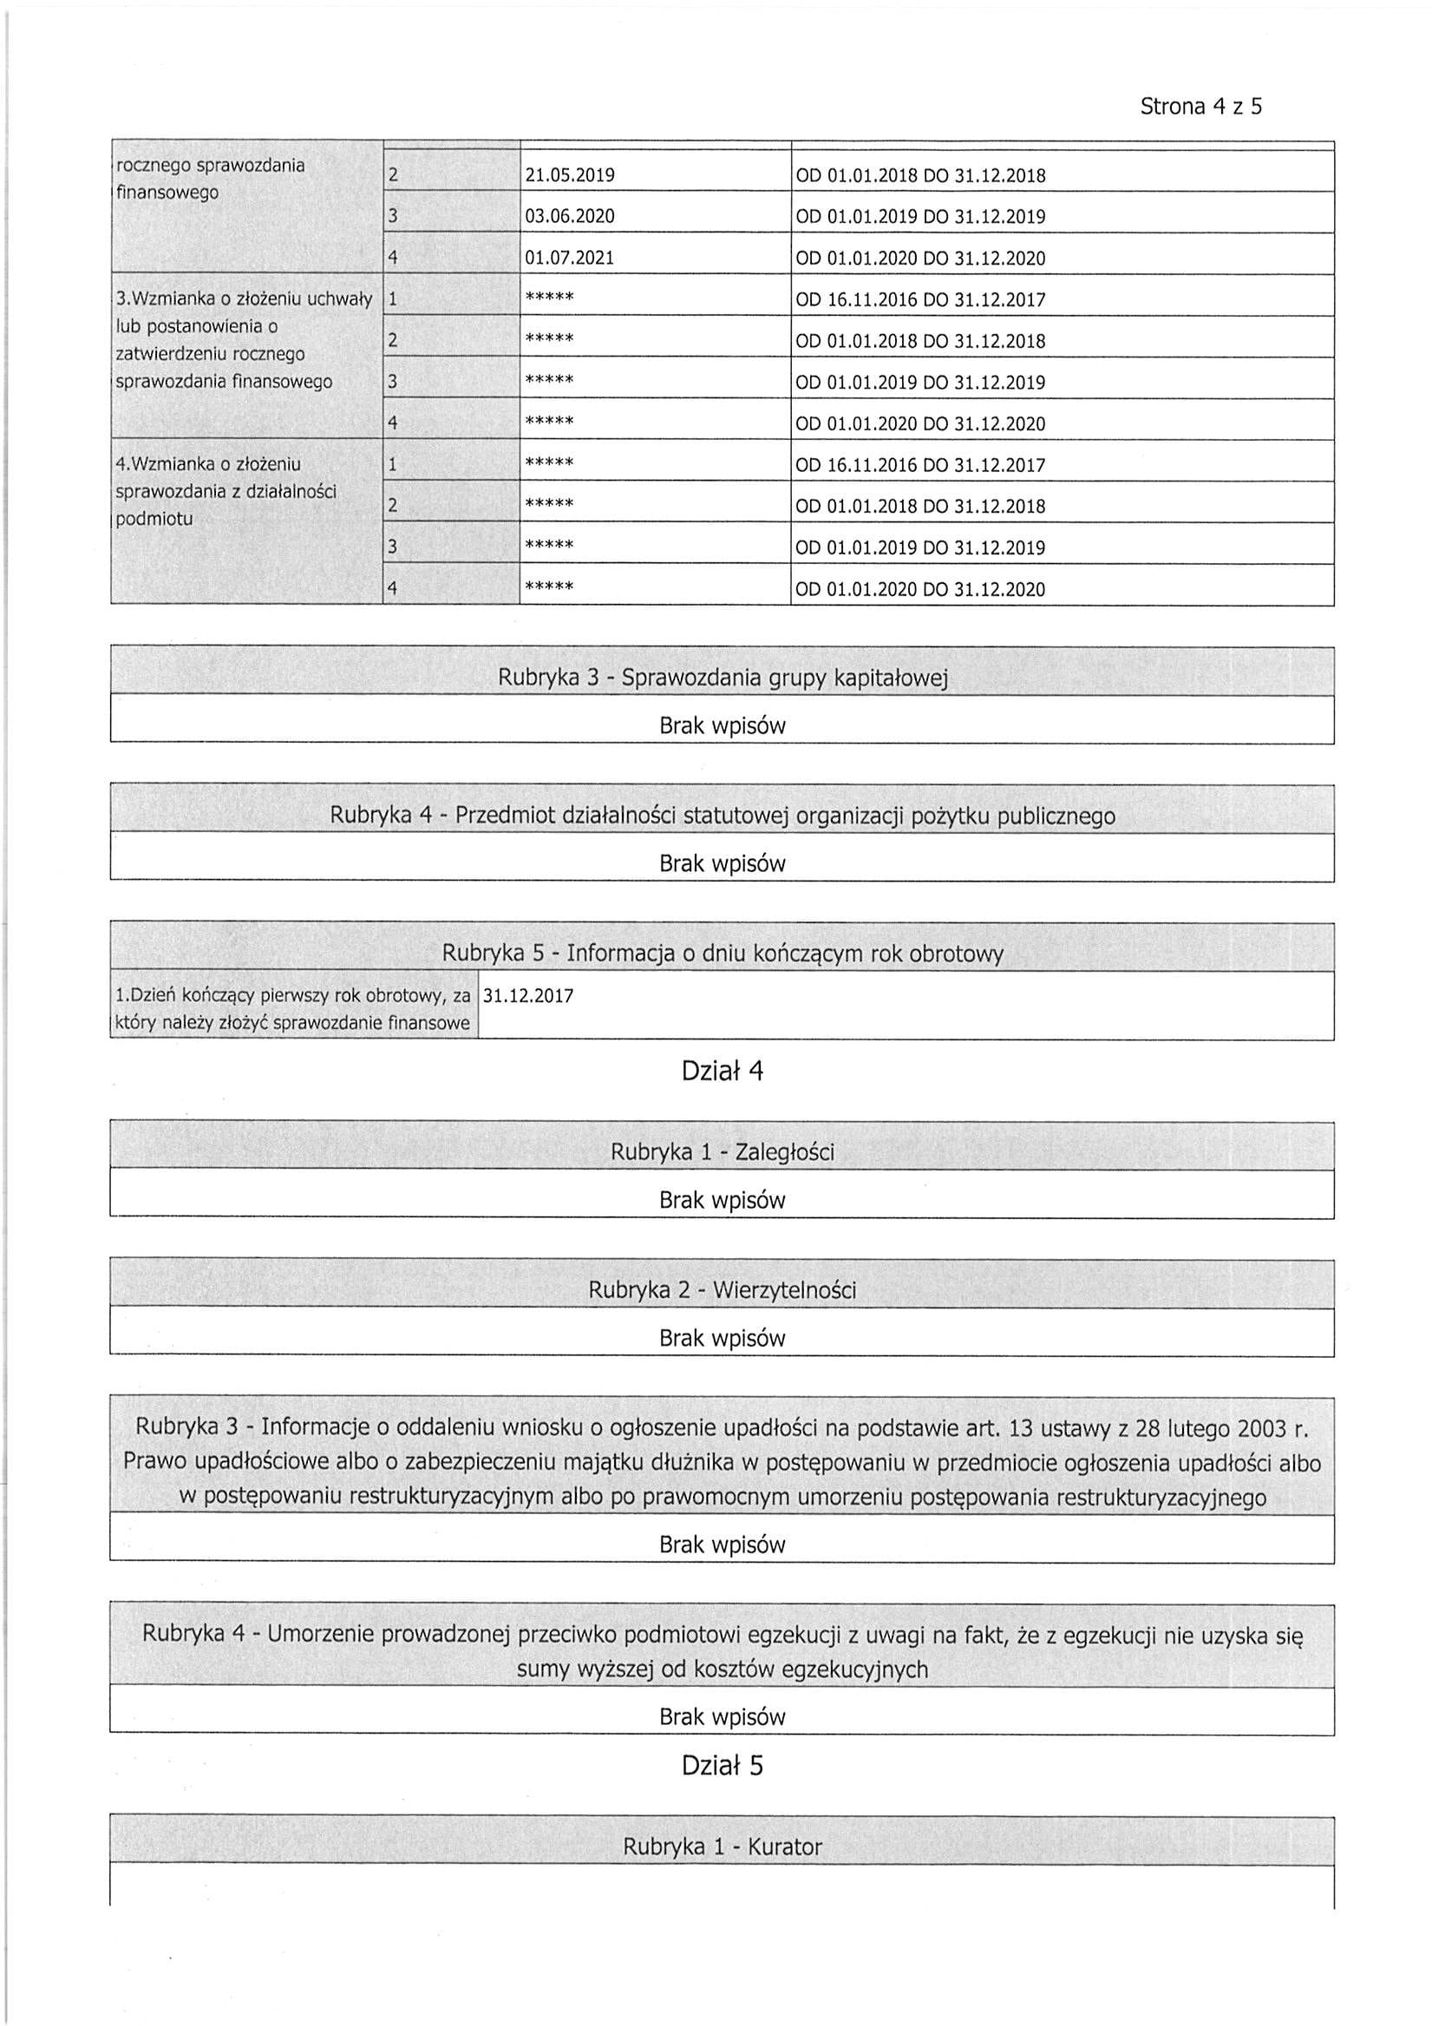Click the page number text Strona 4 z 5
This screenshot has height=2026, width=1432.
pyautogui.click(x=1200, y=107)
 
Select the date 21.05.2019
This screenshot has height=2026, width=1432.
pyautogui.click(x=569, y=175)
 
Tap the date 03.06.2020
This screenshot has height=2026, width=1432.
pyautogui.click(x=569, y=217)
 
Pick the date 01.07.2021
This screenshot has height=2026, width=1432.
pyautogui.click(x=569, y=259)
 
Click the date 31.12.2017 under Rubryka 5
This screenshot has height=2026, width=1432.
pyautogui.click(x=528, y=996)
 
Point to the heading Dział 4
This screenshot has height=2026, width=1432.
pyautogui.click(x=722, y=1072)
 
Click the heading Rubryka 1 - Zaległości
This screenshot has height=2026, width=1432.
pyautogui.click(x=722, y=1152)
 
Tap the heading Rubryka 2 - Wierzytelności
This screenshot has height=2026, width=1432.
pyautogui.click(x=722, y=1290)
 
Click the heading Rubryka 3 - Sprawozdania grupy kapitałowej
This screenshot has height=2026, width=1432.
pyautogui.click(x=722, y=678)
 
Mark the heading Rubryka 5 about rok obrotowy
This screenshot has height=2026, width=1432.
pyautogui.click(x=722, y=954)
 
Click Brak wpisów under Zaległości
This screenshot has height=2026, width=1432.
pyautogui.click(x=722, y=1200)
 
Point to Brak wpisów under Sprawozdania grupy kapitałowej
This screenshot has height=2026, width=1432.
pyautogui.click(x=722, y=725)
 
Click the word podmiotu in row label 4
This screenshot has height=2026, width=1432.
pyautogui.click(x=154, y=519)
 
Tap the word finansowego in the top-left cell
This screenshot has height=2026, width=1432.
pyautogui.click(x=167, y=193)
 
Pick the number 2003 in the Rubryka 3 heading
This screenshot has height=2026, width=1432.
pyautogui.click(x=1262, y=1427)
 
